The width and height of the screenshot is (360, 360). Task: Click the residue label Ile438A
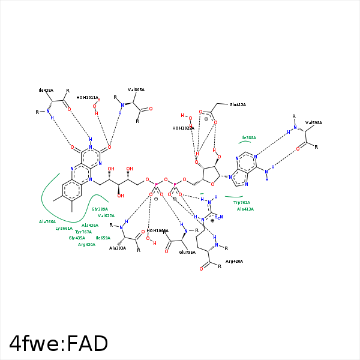46,90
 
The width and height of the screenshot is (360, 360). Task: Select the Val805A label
136,90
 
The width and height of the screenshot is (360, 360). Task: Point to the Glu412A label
238,105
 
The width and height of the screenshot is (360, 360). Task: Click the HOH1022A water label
183,128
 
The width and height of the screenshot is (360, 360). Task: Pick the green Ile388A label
248,137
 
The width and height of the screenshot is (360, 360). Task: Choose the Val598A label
313,122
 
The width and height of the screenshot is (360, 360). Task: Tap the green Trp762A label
242,203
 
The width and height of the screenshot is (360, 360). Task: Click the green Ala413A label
245,209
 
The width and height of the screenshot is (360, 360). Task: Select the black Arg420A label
234,262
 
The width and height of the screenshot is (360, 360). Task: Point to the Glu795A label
187,253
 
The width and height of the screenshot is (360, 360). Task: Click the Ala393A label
118,248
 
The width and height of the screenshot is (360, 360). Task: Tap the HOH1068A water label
158,230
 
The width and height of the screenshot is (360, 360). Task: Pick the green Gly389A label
100,209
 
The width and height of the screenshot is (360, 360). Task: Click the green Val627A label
106,215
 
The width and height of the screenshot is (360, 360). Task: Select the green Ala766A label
47,221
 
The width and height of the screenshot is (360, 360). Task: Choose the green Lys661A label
64,228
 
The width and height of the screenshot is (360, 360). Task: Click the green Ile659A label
103,238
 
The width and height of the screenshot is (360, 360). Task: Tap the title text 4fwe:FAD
59,343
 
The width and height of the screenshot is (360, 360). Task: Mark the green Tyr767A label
83,232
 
